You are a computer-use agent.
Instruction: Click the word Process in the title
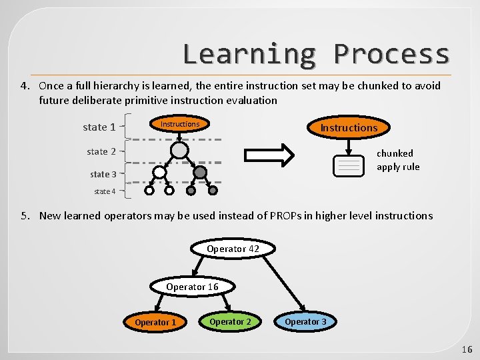click(x=391, y=53)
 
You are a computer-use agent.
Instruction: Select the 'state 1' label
click(x=99, y=127)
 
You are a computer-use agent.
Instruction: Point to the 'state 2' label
click(x=101, y=151)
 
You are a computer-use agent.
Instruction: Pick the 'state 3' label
click(x=103, y=174)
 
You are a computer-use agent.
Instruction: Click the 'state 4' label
click(x=105, y=191)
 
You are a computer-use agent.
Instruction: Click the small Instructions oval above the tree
click(x=180, y=124)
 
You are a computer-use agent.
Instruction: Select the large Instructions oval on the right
click(x=349, y=127)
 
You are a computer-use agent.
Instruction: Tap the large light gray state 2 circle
click(x=179, y=151)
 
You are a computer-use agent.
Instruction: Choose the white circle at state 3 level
click(x=159, y=173)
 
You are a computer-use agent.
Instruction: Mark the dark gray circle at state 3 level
click(x=199, y=173)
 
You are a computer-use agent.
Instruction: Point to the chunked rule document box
click(x=349, y=166)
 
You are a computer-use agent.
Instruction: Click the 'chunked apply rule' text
click(x=397, y=160)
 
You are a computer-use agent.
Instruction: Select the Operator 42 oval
click(x=233, y=249)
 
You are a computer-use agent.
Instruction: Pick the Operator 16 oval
click(x=192, y=287)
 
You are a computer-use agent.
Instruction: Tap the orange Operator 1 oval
click(x=155, y=322)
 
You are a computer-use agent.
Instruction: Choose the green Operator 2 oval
click(x=230, y=321)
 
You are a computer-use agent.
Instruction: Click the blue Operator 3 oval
click(x=305, y=321)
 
